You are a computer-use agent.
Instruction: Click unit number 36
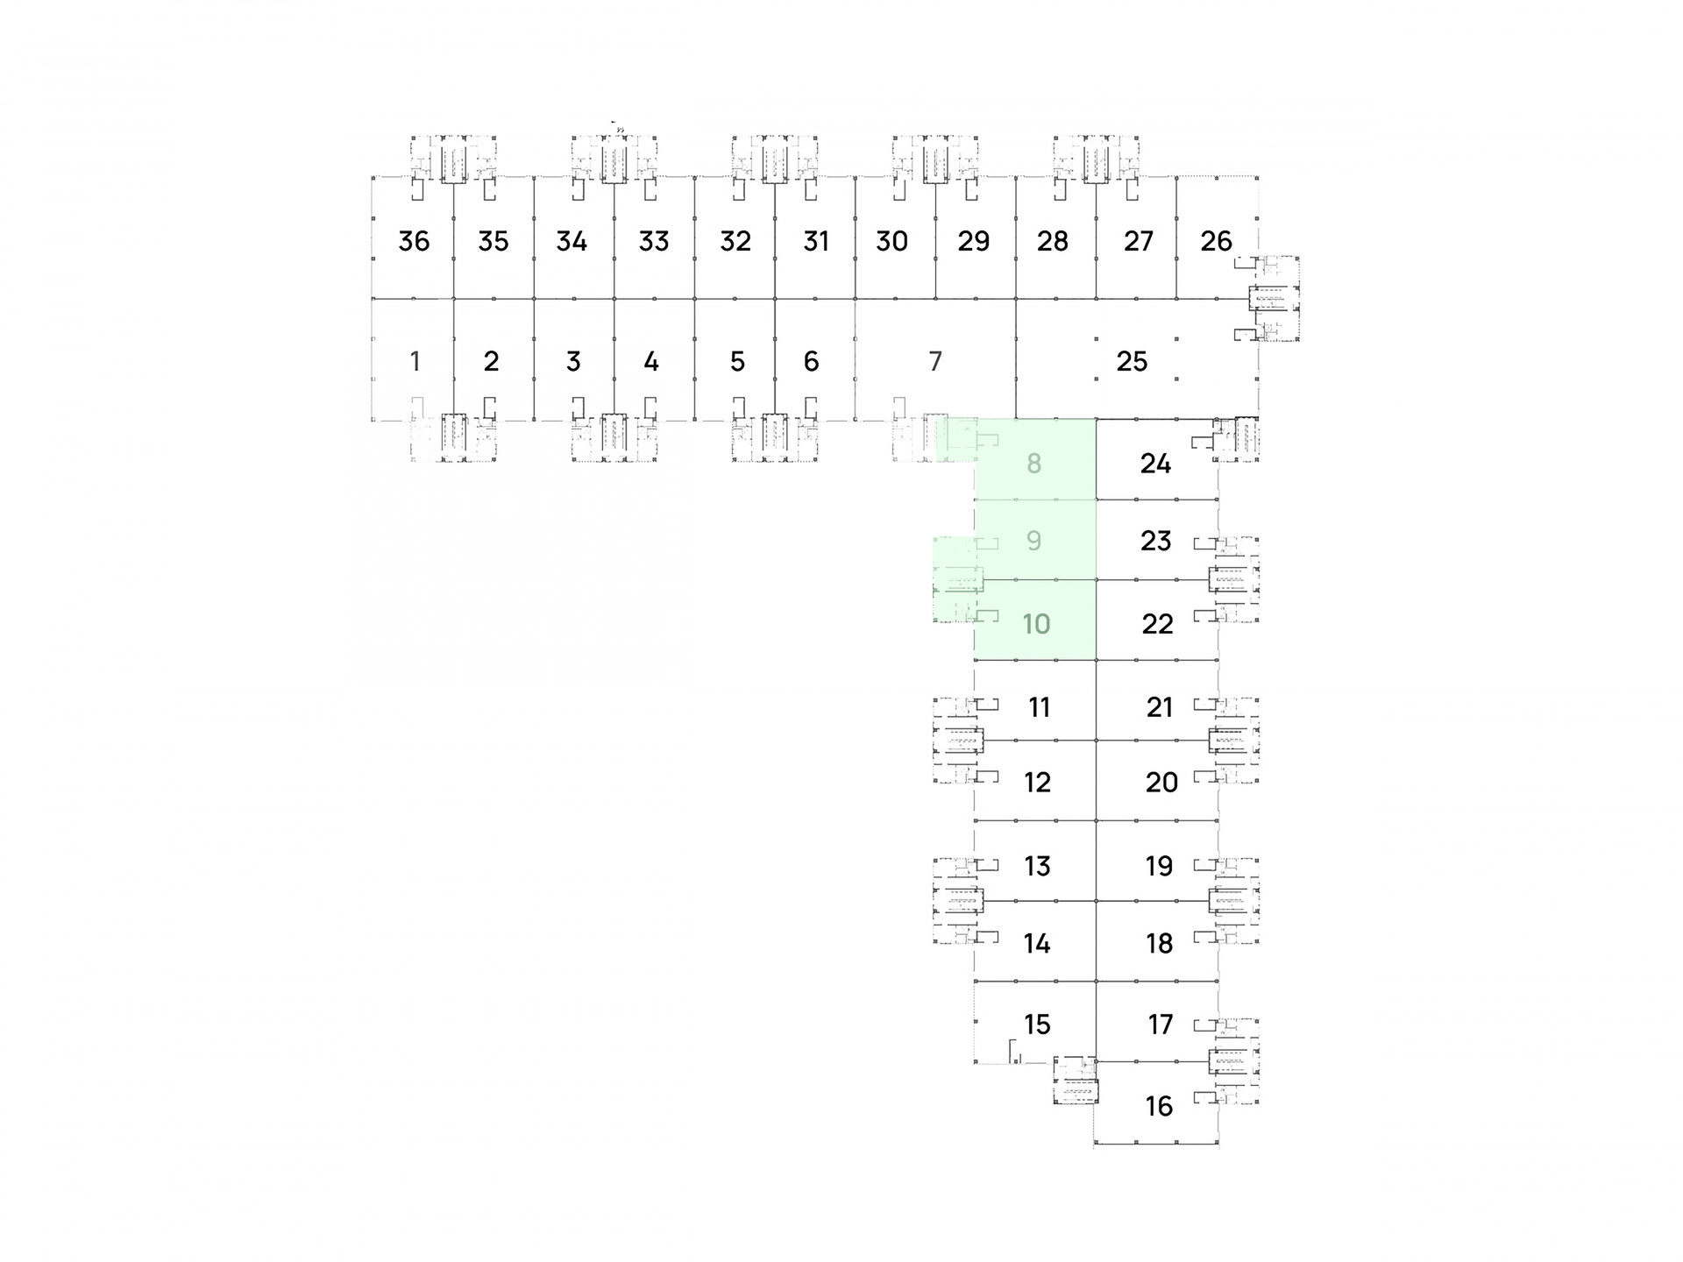click(414, 241)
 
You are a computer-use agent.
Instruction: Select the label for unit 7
click(935, 361)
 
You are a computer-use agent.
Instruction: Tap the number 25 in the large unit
click(1132, 361)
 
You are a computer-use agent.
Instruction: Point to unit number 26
click(1216, 241)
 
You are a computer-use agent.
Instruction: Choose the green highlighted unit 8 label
click(1034, 464)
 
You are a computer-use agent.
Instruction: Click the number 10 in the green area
click(1036, 624)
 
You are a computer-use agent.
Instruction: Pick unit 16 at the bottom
click(1159, 1106)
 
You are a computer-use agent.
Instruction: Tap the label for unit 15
click(1037, 1024)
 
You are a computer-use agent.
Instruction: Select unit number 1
click(415, 361)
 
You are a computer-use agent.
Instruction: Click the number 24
click(1155, 464)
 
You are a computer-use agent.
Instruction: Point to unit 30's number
click(891, 241)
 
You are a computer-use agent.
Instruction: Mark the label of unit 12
click(1037, 783)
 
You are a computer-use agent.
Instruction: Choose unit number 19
click(1159, 866)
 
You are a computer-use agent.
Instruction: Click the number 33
click(654, 241)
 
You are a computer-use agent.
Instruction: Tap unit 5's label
click(737, 361)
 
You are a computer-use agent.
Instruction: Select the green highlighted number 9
click(1034, 541)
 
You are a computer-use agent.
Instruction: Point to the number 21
click(1160, 707)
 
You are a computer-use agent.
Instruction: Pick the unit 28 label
click(1053, 241)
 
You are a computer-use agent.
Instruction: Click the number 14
click(1037, 944)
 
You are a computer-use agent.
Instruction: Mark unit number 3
click(574, 361)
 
